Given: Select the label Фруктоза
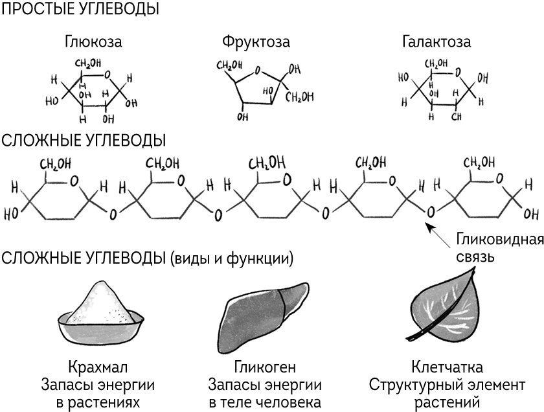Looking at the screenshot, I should tap(255, 43).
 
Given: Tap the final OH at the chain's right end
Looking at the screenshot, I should tap(530, 212).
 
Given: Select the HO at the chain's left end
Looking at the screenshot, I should tap(12, 212).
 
